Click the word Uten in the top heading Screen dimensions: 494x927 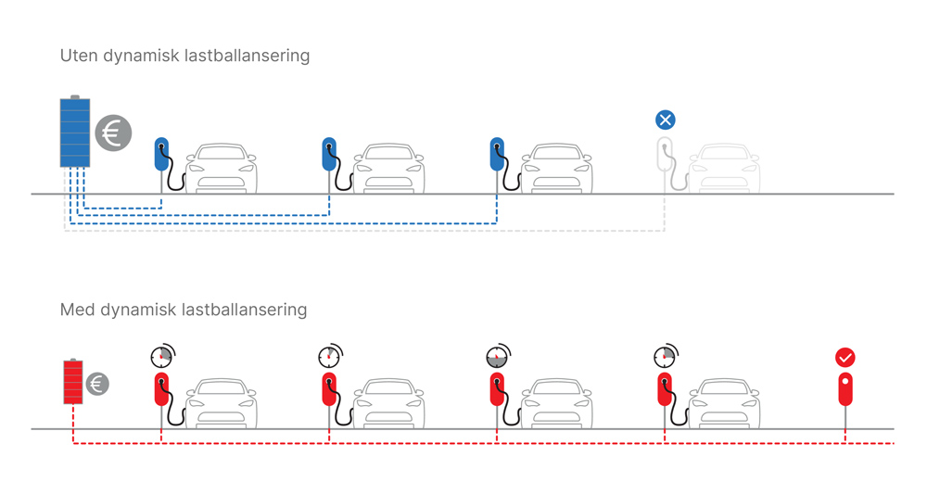(x=79, y=57)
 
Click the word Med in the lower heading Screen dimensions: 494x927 (x=77, y=310)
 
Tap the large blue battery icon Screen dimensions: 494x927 (x=75, y=133)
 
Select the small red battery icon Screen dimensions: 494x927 (x=72, y=382)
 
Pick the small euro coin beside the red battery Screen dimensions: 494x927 (x=97, y=383)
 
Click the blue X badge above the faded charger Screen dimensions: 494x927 (x=665, y=120)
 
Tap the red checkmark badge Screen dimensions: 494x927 (x=844, y=357)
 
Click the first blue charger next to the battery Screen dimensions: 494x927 (x=162, y=154)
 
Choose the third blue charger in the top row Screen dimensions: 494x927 (x=497, y=154)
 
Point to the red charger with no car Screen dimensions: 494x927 (x=844, y=388)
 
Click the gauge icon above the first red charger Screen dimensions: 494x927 (x=162, y=356)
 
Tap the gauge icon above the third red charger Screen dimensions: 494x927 (x=497, y=356)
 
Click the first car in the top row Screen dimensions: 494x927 (x=222, y=169)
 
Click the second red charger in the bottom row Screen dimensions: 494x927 (x=329, y=388)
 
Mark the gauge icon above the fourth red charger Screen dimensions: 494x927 (x=664, y=356)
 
